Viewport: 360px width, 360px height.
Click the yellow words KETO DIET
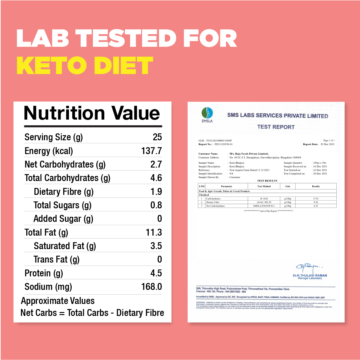click(85, 66)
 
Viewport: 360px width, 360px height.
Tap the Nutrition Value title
click(92, 113)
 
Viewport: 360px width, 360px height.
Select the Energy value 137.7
click(151, 151)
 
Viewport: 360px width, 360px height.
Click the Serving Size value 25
click(157, 137)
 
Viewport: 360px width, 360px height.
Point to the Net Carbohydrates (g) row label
click(65, 165)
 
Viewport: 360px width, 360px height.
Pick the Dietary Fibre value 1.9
click(156, 192)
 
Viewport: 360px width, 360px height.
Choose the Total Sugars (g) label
click(62, 205)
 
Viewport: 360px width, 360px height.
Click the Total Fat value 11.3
click(153, 232)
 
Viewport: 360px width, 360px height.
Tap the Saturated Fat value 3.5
click(156, 246)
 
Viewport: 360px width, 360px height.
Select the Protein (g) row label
click(44, 273)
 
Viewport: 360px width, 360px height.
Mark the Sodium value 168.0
click(151, 287)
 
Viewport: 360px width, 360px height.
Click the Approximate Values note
click(58, 301)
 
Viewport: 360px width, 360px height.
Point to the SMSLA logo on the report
click(207, 115)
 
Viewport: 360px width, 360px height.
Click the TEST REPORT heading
click(276, 127)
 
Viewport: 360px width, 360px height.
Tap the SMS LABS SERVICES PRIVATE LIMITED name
click(278, 116)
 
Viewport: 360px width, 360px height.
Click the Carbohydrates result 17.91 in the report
click(316, 199)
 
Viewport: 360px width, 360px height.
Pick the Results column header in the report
click(316, 186)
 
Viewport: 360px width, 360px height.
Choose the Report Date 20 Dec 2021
click(327, 144)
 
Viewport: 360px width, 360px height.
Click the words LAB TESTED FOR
click(126, 38)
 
